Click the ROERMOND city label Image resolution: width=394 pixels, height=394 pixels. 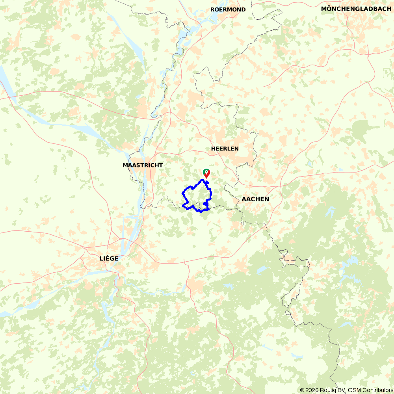point(228,9)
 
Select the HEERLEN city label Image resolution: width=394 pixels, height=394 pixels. point(225,149)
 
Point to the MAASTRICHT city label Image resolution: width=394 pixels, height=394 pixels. point(143,165)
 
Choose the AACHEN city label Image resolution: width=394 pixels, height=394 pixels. point(255,199)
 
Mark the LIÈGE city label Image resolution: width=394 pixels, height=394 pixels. point(109,258)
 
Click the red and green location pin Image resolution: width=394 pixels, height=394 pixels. point(206,173)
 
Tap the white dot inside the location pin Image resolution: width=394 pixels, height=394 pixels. point(206,172)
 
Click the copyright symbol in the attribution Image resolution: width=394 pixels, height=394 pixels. point(302,390)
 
